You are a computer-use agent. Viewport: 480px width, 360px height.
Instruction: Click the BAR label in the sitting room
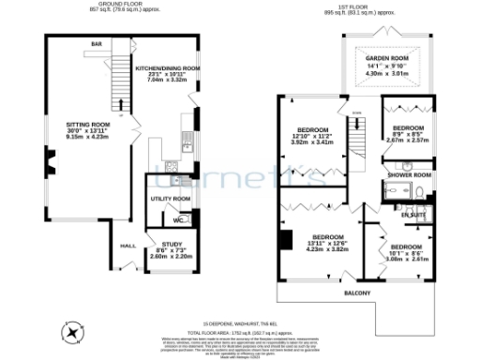pyautogui.click(x=96, y=44)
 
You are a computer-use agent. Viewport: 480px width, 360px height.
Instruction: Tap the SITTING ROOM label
pyautogui.click(x=88, y=124)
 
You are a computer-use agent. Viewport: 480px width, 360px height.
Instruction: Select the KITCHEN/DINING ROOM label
pyautogui.click(x=169, y=68)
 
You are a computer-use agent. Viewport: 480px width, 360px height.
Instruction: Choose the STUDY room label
pyautogui.click(x=159, y=244)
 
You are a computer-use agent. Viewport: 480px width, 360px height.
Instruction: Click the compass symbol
pyautogui.click(x=72, y=330)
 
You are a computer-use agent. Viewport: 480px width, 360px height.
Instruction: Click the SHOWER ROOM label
pyautogui.click(x=409, y=174)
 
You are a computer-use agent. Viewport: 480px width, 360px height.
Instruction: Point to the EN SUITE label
pyautogui.click(x=413, y=216)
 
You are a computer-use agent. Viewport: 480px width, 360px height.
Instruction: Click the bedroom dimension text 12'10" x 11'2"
pyautogui.click(x=312, y=137)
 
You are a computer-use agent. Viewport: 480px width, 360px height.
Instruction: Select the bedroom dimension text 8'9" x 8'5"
pyautogui.click(x=410, y=134)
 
